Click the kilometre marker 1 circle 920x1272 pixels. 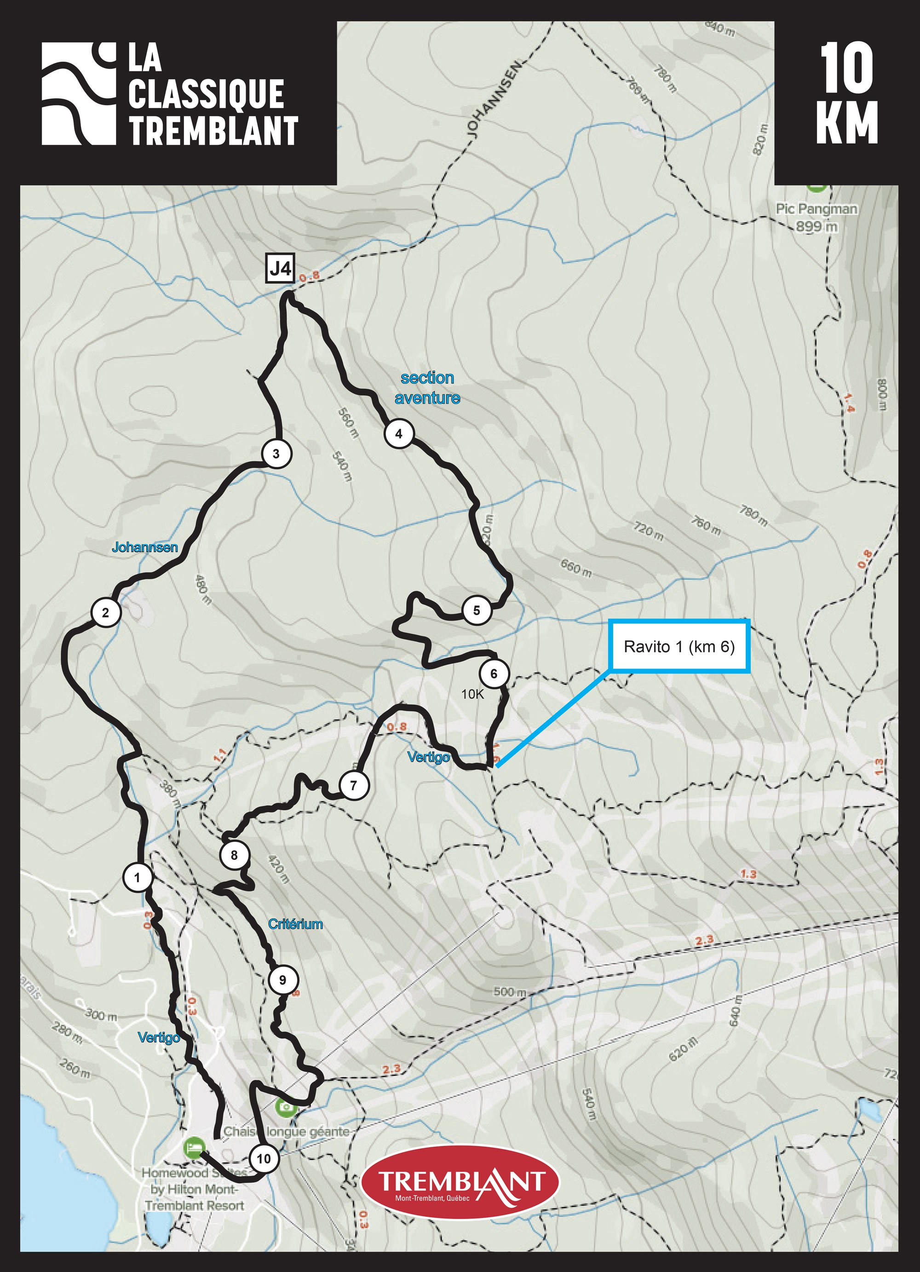(x=138, y=876)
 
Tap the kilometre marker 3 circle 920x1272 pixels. (x=276, y=454)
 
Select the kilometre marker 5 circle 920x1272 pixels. (x=477, y=610)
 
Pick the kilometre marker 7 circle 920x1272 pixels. (x=353, y=785)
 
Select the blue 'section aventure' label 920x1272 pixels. (x=427, y=387)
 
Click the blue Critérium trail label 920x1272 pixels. (x=295, y=924)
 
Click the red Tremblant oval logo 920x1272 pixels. (x=461, y=1182)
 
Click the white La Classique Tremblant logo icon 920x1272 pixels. (x=79, y=94)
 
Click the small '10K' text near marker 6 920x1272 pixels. (x=472, y=694)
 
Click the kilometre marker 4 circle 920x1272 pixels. (x=399, y=433)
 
